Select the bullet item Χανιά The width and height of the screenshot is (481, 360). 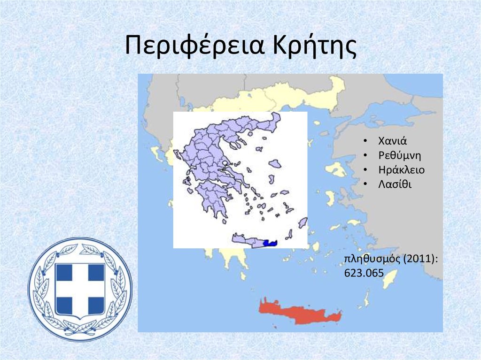(x=392, y=141)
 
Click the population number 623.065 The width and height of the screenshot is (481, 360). (x=364, y=273)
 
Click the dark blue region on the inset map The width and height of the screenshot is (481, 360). (x=270, y=243)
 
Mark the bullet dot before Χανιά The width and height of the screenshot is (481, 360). (x=365, y=141)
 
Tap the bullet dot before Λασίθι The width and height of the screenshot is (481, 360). (x=365, y=184)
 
